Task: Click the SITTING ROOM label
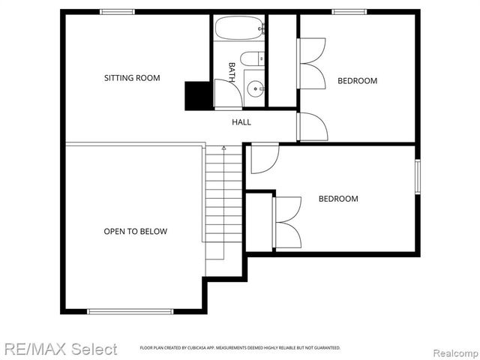click(132, 78)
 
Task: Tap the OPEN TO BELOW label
click(135, 232)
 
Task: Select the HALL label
click(241, 121)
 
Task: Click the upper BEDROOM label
click(357, 81)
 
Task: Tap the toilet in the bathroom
click(253, 58)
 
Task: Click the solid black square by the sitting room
click(196, 94)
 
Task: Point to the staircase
click(224, 202)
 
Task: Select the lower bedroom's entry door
click(264, 158)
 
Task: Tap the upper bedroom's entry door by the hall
click(311, 127)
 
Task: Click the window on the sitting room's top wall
click(117, 11)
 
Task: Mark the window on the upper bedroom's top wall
click(349, 11)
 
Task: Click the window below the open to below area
click(130, 311)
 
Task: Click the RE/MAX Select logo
click(60, 349)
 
